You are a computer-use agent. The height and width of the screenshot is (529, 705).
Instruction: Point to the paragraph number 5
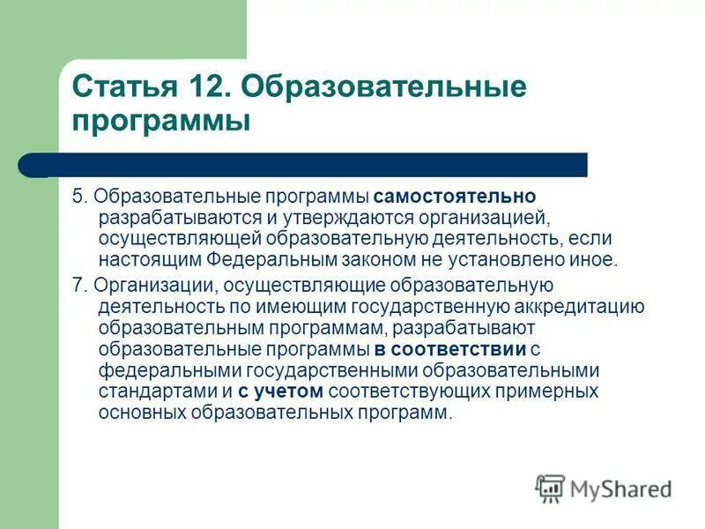(x=78, y=195)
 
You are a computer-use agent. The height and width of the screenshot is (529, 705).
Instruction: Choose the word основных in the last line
(x=138, y=414)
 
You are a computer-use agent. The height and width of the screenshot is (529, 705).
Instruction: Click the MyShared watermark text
(x=621, y=488)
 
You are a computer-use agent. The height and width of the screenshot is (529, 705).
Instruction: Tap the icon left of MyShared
(x=550, y=488)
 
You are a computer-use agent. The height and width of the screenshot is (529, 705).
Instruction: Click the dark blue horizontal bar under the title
(x=317, y=165)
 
